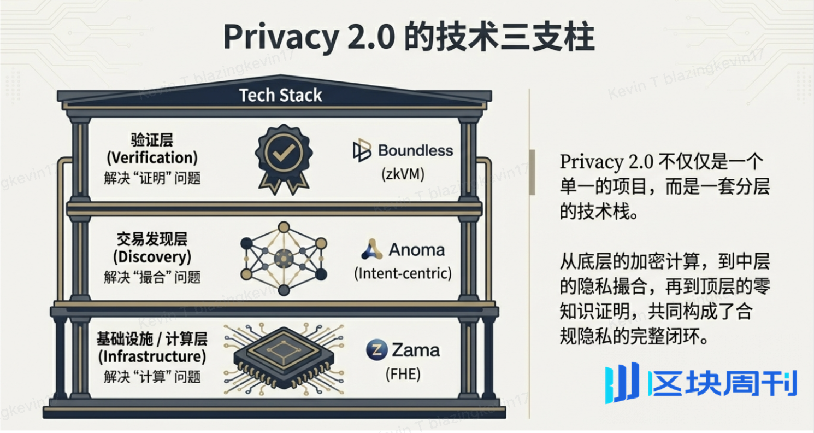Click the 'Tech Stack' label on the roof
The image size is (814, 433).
[x=281, y=96]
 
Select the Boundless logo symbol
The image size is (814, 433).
[x=362, y=151]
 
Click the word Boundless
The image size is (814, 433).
[x=416, y=150]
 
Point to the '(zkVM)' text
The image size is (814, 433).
[x=403, y=175]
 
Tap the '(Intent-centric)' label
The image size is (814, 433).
[x=403, y=273]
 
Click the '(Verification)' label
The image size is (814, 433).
[x=152, y=158]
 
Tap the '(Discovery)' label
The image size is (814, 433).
[x=152, y=256]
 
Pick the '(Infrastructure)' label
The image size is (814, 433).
[x=152, y=358]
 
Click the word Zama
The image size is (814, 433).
[x=416, y=350]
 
